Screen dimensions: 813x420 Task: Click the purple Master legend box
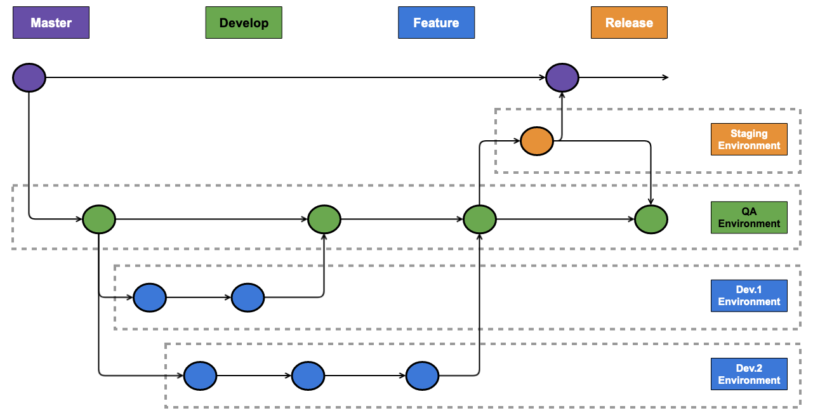tap(51, 22)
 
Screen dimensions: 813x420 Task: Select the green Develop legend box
tap(244, 22)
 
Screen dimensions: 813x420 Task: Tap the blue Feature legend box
tap(436, 22)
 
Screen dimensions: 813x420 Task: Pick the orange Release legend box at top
tap(629, 22)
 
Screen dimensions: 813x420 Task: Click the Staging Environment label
tap(749, 140)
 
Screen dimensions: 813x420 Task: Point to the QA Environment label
tap(749, 218)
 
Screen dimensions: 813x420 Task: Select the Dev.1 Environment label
tap(749, 296)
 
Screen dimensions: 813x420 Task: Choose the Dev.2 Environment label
tap(749, 374)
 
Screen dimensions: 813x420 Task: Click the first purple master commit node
tap(29, 77)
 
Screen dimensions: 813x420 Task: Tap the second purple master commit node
tap(562, 77)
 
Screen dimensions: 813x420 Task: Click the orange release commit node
tap(537, 141)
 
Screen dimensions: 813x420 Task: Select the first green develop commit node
tap(99, 220)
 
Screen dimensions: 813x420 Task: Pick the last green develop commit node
tap(651, 220)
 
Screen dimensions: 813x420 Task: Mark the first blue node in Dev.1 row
tap(150, 298)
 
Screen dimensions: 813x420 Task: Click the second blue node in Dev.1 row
tap(248, 298)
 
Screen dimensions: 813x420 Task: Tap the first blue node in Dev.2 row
tap(201, 376)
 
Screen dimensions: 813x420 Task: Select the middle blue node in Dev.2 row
tap(308, 376)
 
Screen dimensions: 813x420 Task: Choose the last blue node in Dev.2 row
tap(423, 376)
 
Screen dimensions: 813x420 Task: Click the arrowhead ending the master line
tap(666, 77)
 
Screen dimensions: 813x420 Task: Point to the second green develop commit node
tap(324, 220)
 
